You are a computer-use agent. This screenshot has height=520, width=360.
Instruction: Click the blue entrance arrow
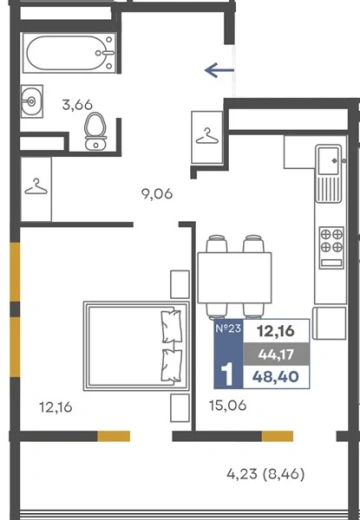[x=219, y=70]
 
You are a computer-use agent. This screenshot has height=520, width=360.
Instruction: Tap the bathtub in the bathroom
[x=69, y=53]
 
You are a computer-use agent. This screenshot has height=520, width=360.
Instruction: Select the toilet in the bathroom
[x=96, y=131]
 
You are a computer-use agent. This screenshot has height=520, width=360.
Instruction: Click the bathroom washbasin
[x=32, y=101]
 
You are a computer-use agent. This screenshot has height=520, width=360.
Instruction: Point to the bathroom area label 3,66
[x=77, y=105]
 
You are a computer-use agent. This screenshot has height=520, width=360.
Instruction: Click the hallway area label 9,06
[x=157, y=194]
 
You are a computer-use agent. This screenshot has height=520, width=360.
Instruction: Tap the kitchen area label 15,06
[x=228, y=405]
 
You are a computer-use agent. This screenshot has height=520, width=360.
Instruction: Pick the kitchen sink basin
[x=329, y=161]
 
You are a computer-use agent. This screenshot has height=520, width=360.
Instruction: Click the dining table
[x=235, y=278]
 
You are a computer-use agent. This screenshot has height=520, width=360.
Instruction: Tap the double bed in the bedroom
[x=136, y=346]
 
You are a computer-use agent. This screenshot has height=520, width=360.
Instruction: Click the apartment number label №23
[x=228, y=328]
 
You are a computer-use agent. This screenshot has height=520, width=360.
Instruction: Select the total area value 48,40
[x=276, y=377]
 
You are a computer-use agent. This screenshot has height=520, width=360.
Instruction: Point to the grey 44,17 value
[x=276, y=354]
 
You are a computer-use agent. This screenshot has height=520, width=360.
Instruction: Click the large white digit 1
[x=228, y=375]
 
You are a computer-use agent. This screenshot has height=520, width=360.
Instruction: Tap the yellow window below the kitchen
[x=277, y=436]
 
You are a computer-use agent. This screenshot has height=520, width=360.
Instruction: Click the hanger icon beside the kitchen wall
[x=207, y=136]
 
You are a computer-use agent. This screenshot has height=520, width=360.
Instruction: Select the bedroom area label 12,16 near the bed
[x=56, y=407]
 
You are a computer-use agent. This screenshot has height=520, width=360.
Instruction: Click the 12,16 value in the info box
[x=276, y=331]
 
